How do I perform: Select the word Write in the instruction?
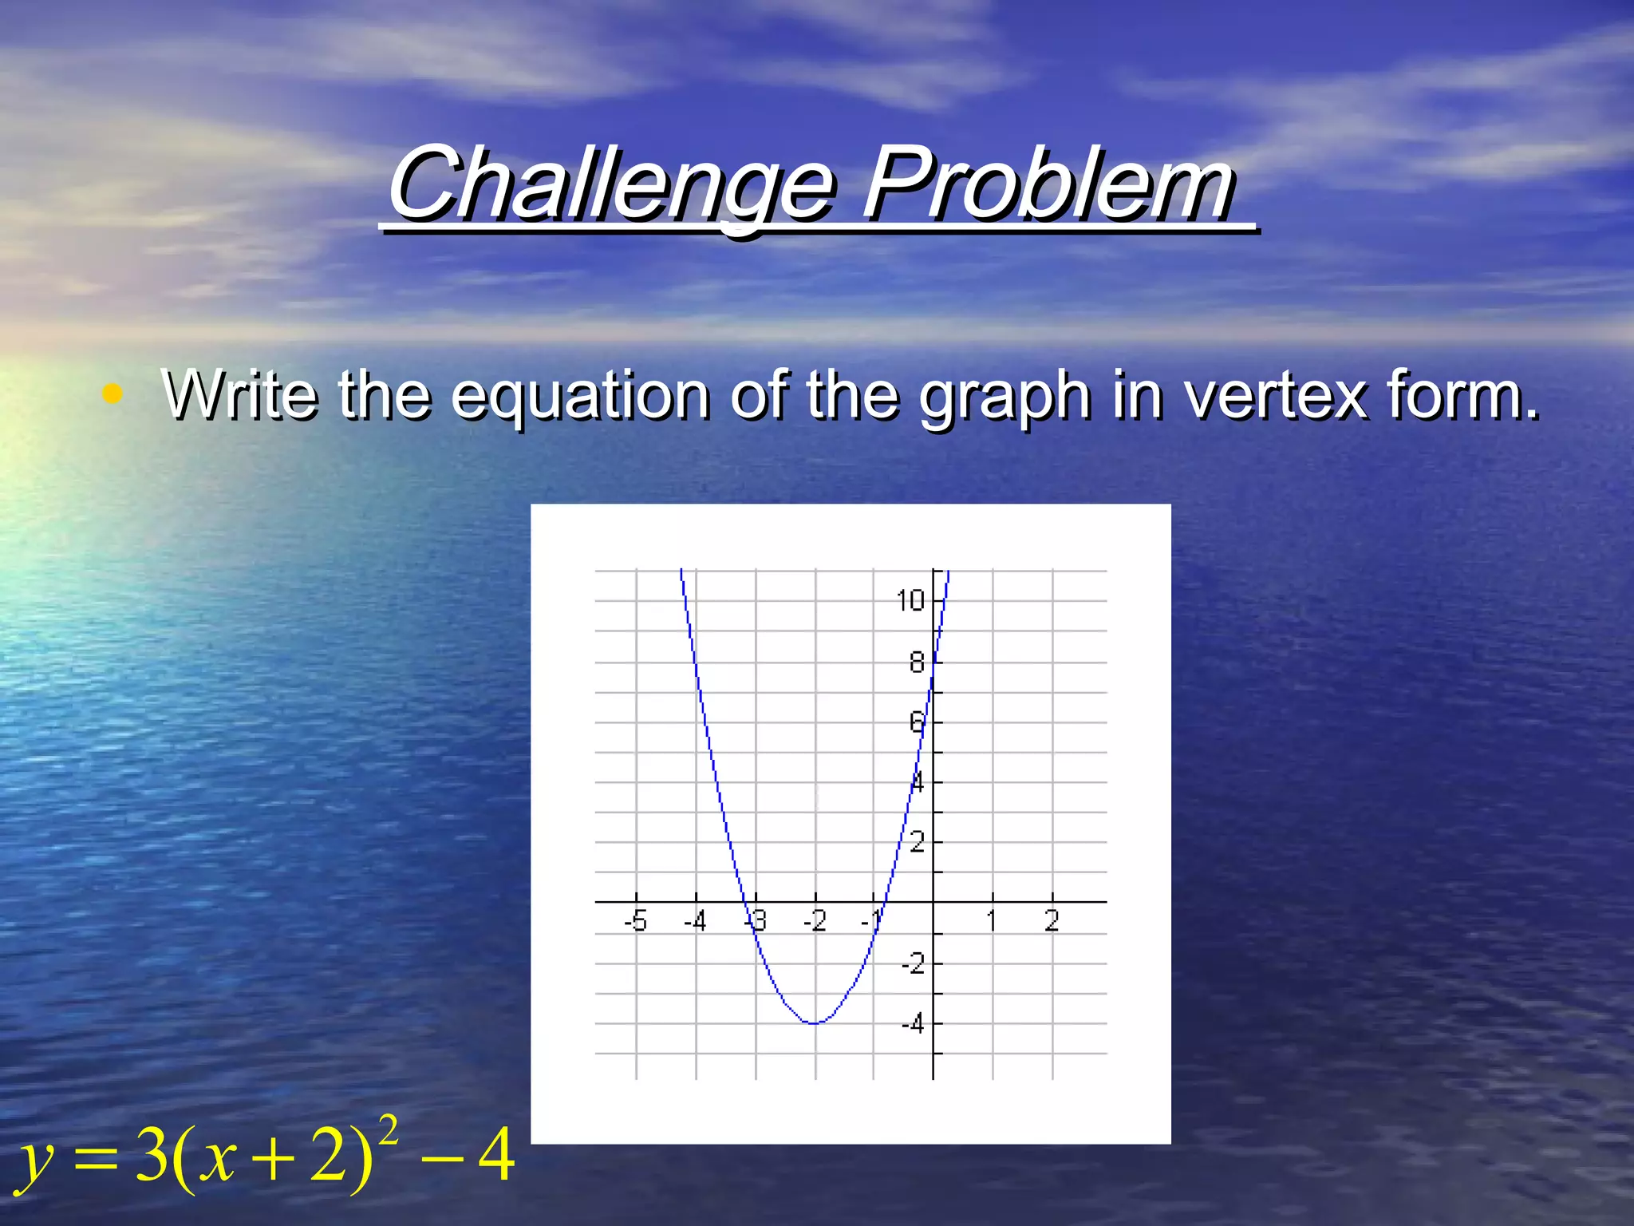(239, 394)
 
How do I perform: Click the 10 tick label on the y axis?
(910, 600)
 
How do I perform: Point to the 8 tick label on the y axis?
(917, 662)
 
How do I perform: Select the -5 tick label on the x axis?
(635, 922)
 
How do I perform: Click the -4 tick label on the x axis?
(695, 922)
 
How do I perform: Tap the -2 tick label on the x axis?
(815, 922)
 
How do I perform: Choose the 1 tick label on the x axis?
(992, 922)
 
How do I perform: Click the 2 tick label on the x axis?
(1052, 922)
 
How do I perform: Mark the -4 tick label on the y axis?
(913, 1023)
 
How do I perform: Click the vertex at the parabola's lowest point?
(814, 1023)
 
